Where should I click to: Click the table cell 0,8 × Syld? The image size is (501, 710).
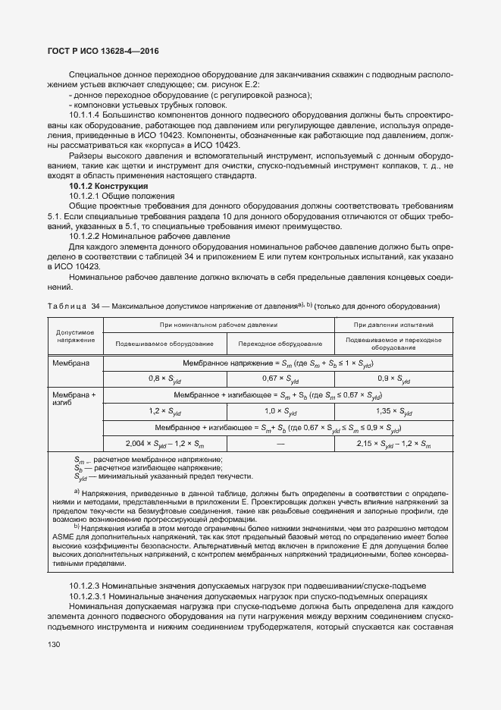[x=164, y=377]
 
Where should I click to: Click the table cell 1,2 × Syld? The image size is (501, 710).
[x=164, y=411]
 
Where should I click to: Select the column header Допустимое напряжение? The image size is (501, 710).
[x=74, y=335]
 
